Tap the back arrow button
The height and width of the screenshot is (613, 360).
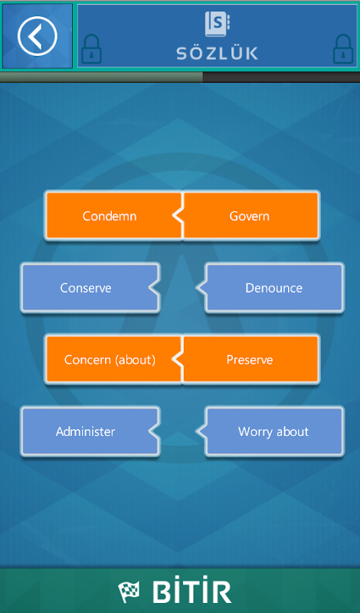tap(37, 36)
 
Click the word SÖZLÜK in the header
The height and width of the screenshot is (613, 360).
tap(217, 54)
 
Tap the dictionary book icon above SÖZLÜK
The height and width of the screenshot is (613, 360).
tap(217, 24)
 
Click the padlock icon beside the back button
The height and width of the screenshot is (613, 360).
tap(91, 49)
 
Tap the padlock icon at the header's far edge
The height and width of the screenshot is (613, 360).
tap(343, 49)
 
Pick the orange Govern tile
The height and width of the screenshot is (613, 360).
tap(250, 215)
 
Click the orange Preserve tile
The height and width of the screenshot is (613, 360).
tap(250, 359)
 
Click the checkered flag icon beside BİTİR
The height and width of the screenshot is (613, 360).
tap(129, 592)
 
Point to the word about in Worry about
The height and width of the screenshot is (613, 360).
tap(292, 431)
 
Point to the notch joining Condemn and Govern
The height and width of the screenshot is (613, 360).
tap(178, 215)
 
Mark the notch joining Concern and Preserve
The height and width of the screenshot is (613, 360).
tap(178, 359)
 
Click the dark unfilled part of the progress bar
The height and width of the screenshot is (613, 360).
tap(281, 77)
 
